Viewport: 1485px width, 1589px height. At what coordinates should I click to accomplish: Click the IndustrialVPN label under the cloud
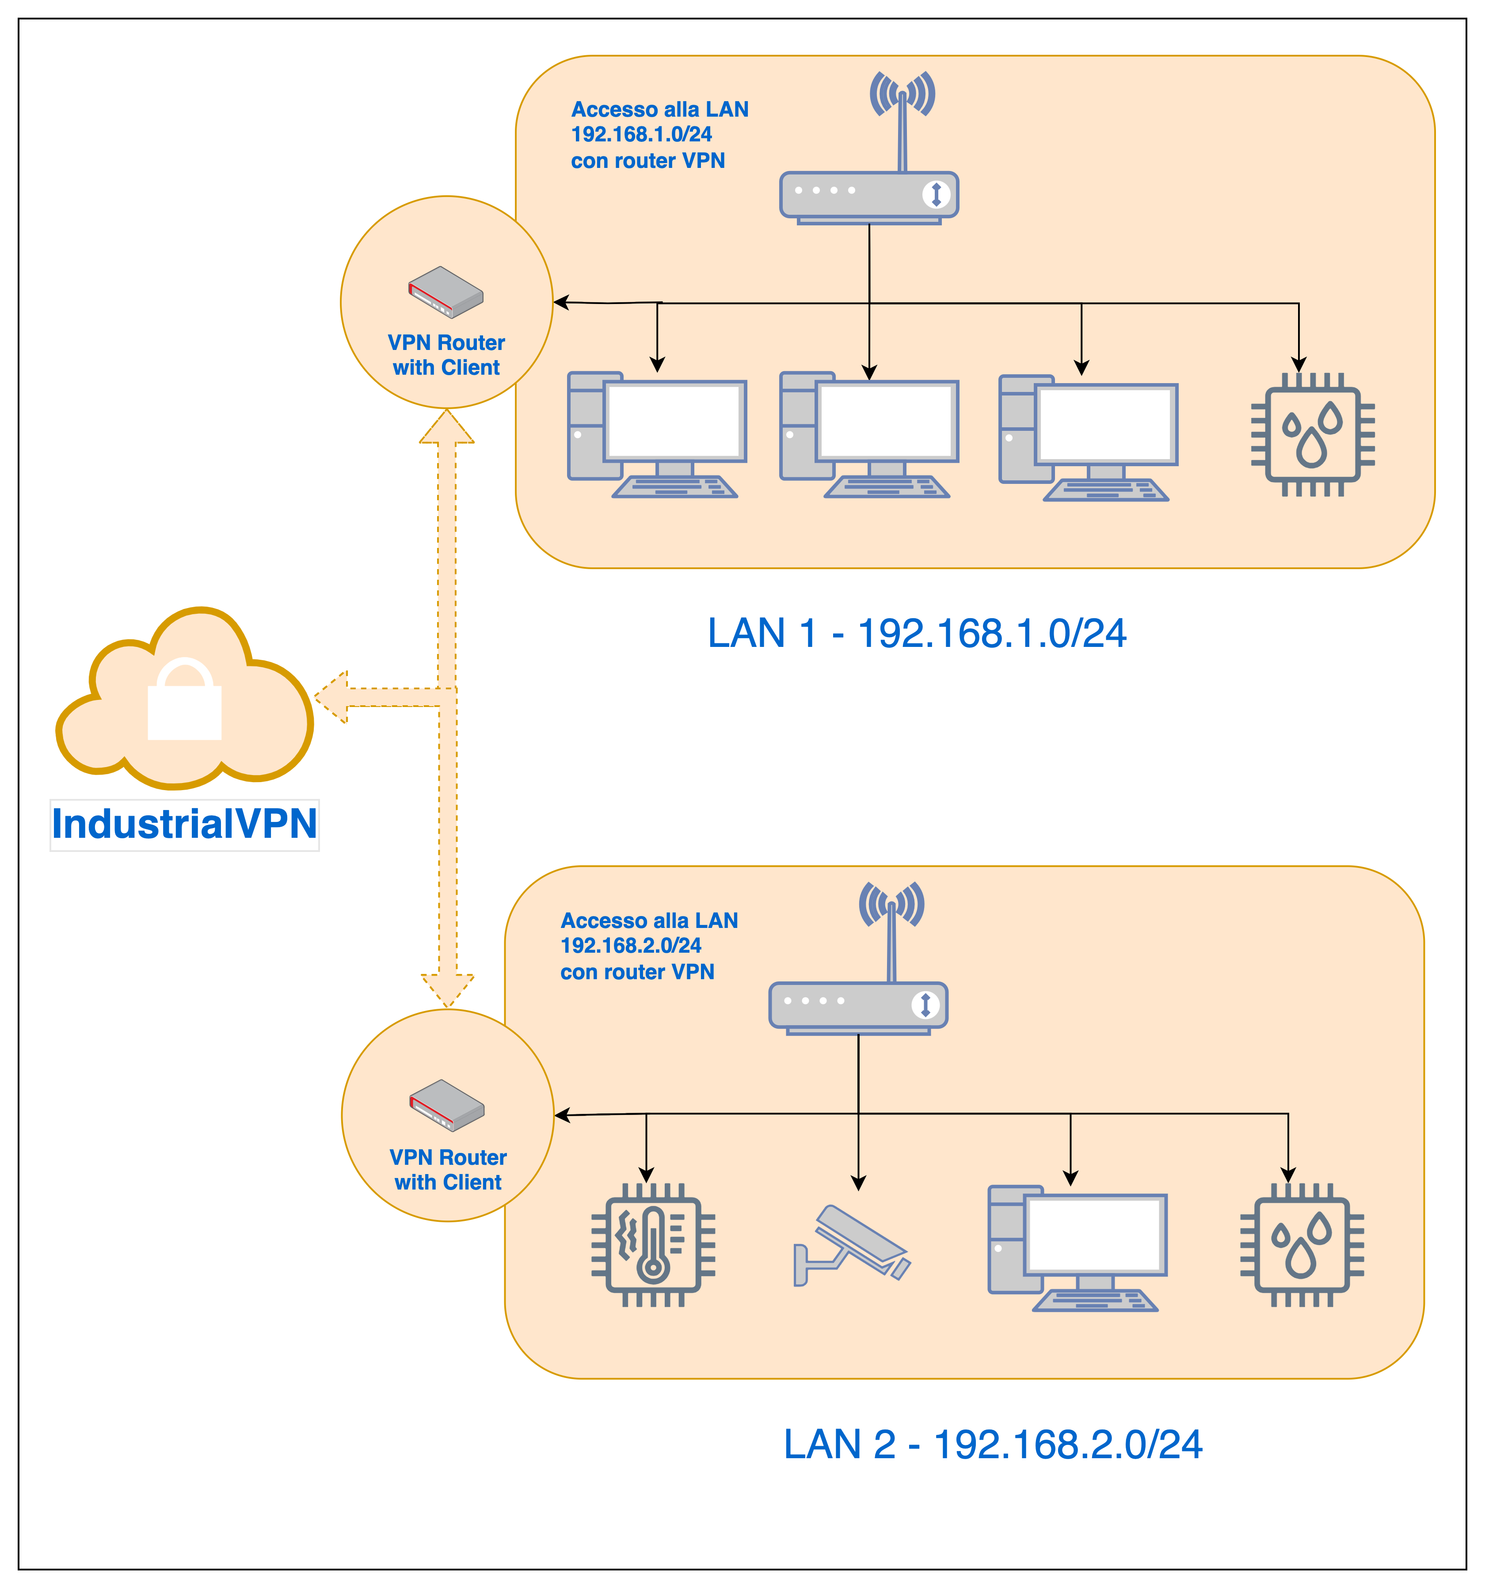(x=185, y=824)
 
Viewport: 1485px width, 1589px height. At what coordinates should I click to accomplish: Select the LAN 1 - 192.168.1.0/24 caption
(x=917, y=633)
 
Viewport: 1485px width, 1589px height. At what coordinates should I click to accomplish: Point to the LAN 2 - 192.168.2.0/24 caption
(x=993, y=1445)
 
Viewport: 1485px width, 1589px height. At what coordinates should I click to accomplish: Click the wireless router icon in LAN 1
(x=869, y=194)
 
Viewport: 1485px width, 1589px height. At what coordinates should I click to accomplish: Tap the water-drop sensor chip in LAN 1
(x=1312, y=435)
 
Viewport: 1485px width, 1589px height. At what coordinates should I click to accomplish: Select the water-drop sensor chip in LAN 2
(x=1302, y=1244)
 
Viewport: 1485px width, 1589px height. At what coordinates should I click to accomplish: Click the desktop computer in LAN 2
(x=1078, y=1248)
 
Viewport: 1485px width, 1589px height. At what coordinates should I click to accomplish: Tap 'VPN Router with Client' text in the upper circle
(x=446, y=355)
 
